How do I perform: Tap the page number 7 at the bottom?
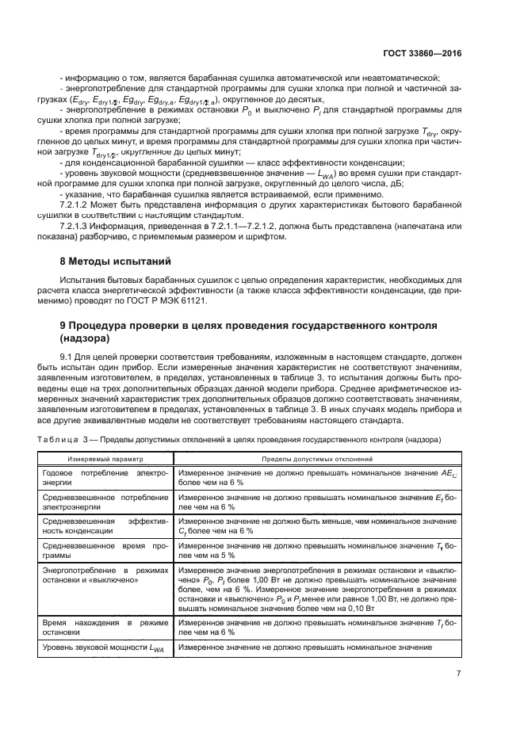pos(459,674)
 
